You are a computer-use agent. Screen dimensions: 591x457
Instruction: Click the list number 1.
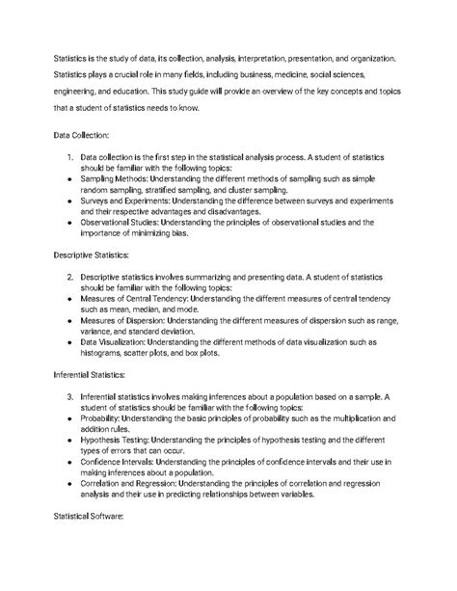coord(70,156)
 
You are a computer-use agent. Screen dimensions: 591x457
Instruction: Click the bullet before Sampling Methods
coord(70,178)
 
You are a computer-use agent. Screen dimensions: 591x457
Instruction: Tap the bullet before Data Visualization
coord(70,343)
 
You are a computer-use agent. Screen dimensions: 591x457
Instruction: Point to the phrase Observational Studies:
coord(124,223)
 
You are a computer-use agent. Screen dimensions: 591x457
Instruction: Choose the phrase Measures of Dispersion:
coord(128,321)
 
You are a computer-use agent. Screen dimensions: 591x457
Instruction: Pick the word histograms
coord(104,354)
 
